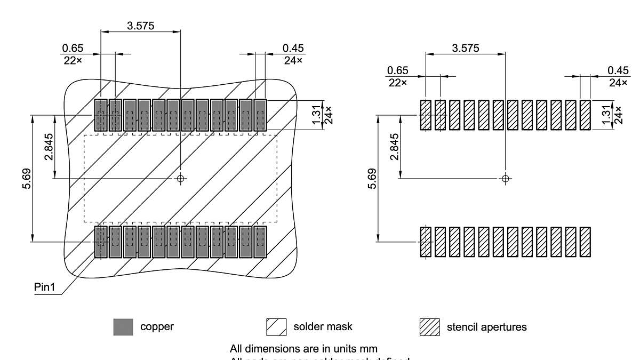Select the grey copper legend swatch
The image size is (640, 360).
coord(123,327)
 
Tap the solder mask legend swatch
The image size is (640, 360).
coord(277,327)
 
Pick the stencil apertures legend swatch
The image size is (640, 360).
coord(430,327)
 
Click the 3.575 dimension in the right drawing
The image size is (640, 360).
coord(466,48)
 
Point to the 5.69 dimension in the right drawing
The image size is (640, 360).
coord(372,179)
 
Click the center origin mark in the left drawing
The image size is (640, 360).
coord(181,178)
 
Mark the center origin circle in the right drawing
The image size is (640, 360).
coord(506,178)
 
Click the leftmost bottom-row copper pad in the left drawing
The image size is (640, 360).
coord(101,242)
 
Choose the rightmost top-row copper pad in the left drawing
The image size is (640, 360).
coord(260,115)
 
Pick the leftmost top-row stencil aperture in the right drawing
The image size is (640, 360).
coord(425,115)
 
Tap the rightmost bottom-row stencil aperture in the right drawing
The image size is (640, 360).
coord(585,242)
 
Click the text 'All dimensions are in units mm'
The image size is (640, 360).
coord(304,349)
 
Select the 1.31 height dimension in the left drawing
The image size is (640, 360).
coord(318,115)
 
